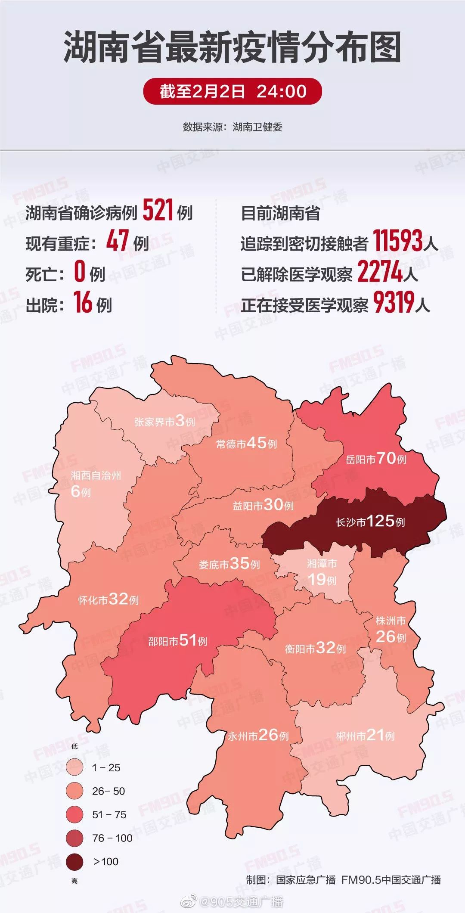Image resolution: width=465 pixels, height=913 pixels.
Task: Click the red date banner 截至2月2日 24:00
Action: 232,91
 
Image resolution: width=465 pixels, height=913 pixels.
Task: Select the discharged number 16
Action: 83,302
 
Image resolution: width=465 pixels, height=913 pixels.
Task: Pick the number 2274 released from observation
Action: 380,272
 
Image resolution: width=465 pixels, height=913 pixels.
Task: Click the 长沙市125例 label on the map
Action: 370,522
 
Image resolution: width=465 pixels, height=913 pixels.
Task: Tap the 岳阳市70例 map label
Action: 376,459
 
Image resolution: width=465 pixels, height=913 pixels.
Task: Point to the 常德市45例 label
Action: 246,443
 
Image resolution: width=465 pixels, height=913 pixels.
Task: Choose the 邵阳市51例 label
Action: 177,641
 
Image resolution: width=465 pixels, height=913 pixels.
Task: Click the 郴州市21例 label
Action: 365,735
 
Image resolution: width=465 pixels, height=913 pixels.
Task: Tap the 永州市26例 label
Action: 258,735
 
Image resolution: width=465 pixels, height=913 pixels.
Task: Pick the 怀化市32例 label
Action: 108,599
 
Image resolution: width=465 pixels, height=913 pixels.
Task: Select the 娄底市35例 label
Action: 229,564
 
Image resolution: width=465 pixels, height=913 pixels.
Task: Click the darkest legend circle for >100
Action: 74,861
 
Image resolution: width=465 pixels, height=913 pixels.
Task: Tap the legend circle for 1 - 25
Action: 74,767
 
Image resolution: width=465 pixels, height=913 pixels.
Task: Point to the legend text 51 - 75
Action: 109,814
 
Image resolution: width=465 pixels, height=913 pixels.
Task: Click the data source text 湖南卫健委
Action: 257,127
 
